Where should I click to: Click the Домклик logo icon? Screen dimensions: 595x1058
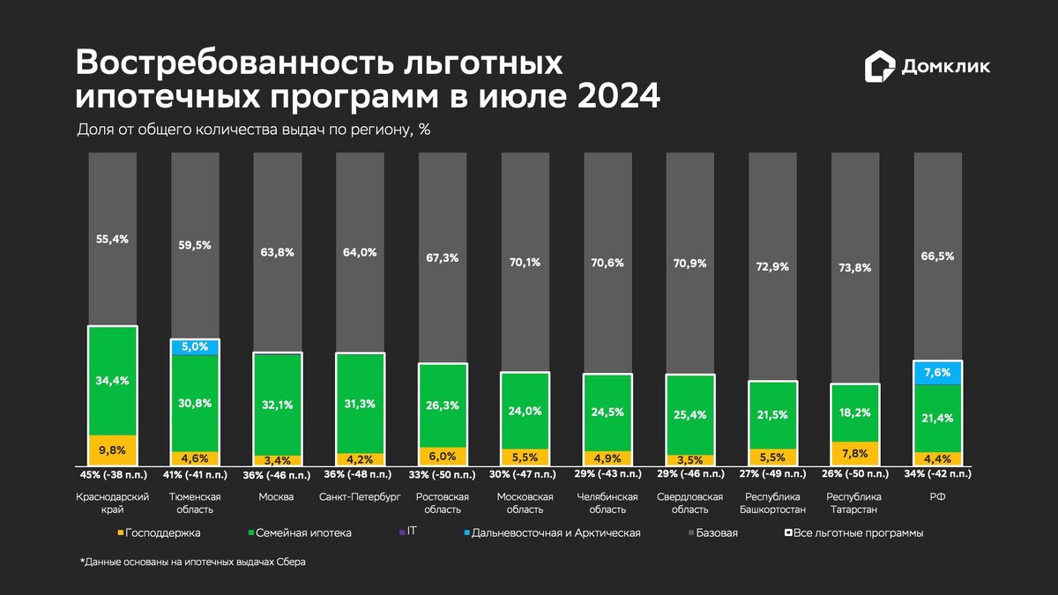pyautogui.click(x=879, y=66)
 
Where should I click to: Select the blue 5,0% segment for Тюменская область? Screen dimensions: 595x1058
pyautogui.click(x=195, y=346)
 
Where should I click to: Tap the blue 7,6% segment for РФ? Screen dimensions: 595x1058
pyautogui.click(x=938, y=373)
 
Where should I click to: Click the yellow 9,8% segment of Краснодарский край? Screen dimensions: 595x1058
pyautogui.click(x=112, y=450)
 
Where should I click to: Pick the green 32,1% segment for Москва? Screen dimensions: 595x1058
pyautogui.click(x=278, y=404)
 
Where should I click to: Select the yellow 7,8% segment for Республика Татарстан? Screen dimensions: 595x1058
pyautogui.click(x=854, y=453)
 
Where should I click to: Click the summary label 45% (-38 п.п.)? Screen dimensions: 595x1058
pyautogui.click(x=112, y=474)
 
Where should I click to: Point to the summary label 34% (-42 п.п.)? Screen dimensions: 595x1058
pyautogui.click(x=938, y=474)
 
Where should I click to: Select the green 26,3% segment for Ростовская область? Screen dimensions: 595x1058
pyautogui.click(x=443, y=405)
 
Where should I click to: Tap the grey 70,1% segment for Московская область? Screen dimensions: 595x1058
pyautogui.click(x=525, y=261)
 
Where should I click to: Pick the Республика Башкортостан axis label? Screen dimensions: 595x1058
pyautogui.click(x=772, y=502)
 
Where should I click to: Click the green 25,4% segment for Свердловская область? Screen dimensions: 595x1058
pyautogui.click(x=690, y=414)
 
